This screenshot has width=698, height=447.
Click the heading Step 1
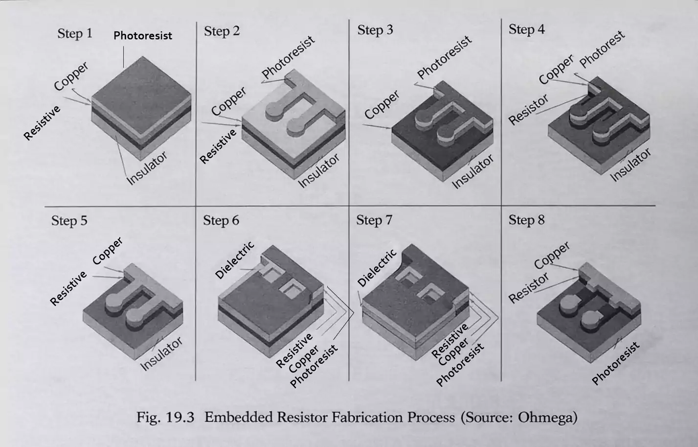pyautogui.click(x=74, y=33)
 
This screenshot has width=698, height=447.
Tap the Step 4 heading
pyautogui.click(x=526, y=29)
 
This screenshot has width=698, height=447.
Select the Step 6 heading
pyautogui.click(x=221, y=220)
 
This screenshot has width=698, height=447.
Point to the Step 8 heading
pyautogui.click(x=526, y=220)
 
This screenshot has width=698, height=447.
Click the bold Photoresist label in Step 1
pyautogui.click(x=143, y=36)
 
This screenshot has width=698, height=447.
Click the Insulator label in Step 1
pyautogui.click(x=147, y=168)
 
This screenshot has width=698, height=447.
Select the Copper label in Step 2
pyautogui.click(x=229, y=102)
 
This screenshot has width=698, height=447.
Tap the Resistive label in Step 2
pyautogui.click(x=218, y=145)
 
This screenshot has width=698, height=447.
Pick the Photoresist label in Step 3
pyautogui.click(x=444, y=57)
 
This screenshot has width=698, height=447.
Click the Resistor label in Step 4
pyautogui.click(x=528, y=110)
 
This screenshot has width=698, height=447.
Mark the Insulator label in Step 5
pyautogui.click(x=161, y=353)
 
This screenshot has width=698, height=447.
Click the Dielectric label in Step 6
pyautogui.click(x=235, y=260)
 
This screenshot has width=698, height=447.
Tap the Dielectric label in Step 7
pyautogui.click(x=377, y=268)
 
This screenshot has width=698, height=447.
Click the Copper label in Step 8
pyautogui.click(x=552, y=255)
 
